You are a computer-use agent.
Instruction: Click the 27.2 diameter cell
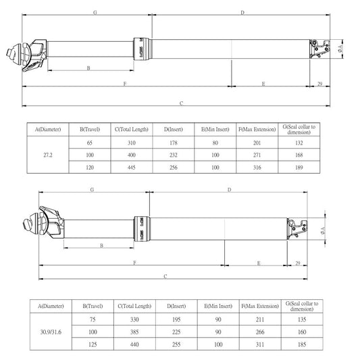[x=48, y=155]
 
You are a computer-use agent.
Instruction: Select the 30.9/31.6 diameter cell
[x=51, y=332]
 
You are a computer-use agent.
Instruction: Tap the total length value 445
[x=132, y=167]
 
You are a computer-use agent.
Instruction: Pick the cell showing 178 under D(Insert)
[x=174, y=143]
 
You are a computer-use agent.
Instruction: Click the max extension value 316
[x=257, y=167]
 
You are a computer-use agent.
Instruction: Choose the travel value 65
[x=90, y=143]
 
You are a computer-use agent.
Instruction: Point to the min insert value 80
[x=215, y=143]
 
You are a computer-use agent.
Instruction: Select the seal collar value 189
[x=299, y=167]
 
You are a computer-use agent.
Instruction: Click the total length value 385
[x=134, y=332]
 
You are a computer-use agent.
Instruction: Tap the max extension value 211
[x=260, y=319]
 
